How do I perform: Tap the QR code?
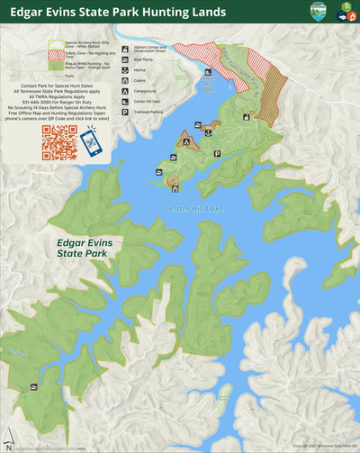pyautogui.click(x=59, y=142)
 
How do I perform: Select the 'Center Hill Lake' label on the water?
pyautogui.click(x=188, y=209)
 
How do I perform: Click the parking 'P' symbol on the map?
pyautogui.click(x=217, y=154)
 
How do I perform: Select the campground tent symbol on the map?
pyautogui.click(x=185, y=141)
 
